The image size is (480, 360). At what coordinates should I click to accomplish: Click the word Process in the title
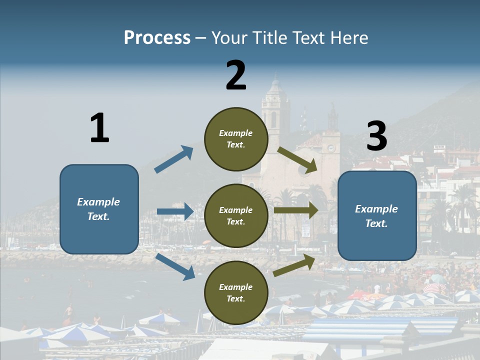tap(157, 38)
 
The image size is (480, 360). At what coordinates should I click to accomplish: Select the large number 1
tap(99, 128)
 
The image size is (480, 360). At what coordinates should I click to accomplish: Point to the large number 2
tap(236, 75)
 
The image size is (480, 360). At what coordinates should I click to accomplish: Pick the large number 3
tap(376, 136)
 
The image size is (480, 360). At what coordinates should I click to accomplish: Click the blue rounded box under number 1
tap(99, 209)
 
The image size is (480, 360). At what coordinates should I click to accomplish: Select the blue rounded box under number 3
tap(377, 215)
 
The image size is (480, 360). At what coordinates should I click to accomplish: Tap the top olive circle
tap(236, 139)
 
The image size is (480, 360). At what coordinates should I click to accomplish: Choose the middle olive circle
tap(236, 215)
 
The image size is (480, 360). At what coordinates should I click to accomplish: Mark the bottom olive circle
tap(236, 292)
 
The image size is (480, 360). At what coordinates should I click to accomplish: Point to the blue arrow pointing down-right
tap(175, 266)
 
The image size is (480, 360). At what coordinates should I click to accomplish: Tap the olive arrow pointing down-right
tap(297, 160)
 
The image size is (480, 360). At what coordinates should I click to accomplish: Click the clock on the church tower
tap(330, 148)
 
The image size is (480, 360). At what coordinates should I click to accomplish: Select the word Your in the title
tap(228, 38)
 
